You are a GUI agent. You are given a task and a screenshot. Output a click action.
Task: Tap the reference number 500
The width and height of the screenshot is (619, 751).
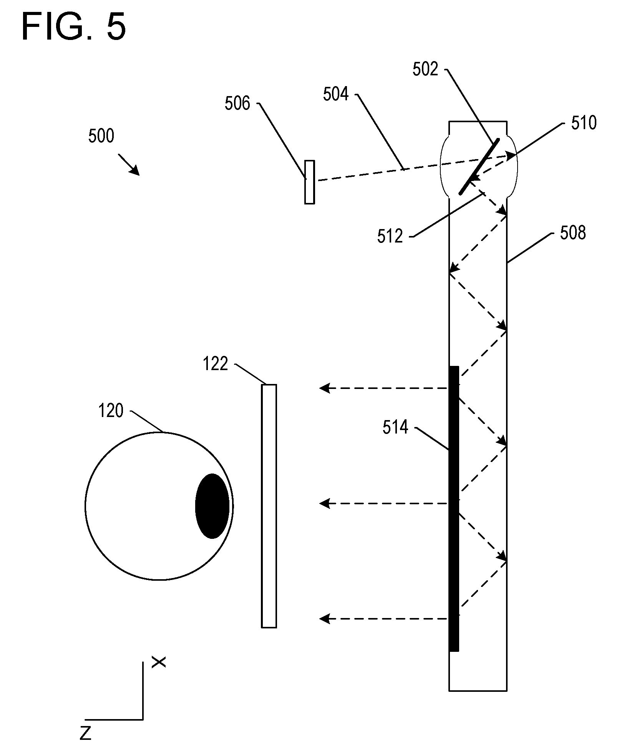pos(101,136)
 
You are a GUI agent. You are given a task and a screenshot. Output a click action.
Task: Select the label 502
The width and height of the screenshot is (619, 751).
pos(425,69)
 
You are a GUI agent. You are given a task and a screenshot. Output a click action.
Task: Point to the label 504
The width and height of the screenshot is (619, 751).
pos(335,94)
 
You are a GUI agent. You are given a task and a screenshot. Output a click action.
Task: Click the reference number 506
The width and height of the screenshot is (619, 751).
pos(237,103)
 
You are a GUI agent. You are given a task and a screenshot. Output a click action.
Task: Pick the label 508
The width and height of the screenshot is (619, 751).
pos(573,233)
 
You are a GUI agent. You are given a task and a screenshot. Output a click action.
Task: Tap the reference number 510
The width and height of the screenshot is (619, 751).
pos(584,123)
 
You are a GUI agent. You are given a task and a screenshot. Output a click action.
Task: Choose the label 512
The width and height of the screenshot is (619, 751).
pos(390,236)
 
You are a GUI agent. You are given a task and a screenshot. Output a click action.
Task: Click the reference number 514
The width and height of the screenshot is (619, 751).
pos(395,427)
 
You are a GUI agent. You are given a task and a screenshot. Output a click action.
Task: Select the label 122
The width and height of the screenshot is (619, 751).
pos(215,364)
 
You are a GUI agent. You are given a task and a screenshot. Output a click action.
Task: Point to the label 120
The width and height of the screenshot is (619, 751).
pos(111,411)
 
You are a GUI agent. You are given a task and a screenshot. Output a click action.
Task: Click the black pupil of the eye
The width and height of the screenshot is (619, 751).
pos(212,506)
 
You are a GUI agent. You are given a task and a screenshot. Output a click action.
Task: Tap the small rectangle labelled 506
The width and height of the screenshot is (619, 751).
pos(309,182)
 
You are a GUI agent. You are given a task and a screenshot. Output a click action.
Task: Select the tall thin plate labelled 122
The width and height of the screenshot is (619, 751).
pos(269,506)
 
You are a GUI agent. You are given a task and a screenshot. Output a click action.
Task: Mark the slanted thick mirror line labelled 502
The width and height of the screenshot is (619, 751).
pos(479,167)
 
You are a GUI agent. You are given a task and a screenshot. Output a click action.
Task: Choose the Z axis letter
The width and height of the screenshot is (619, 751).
pos(86,733)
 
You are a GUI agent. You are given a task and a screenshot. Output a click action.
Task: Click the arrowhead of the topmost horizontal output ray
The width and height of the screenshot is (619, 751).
pos(325,388)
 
